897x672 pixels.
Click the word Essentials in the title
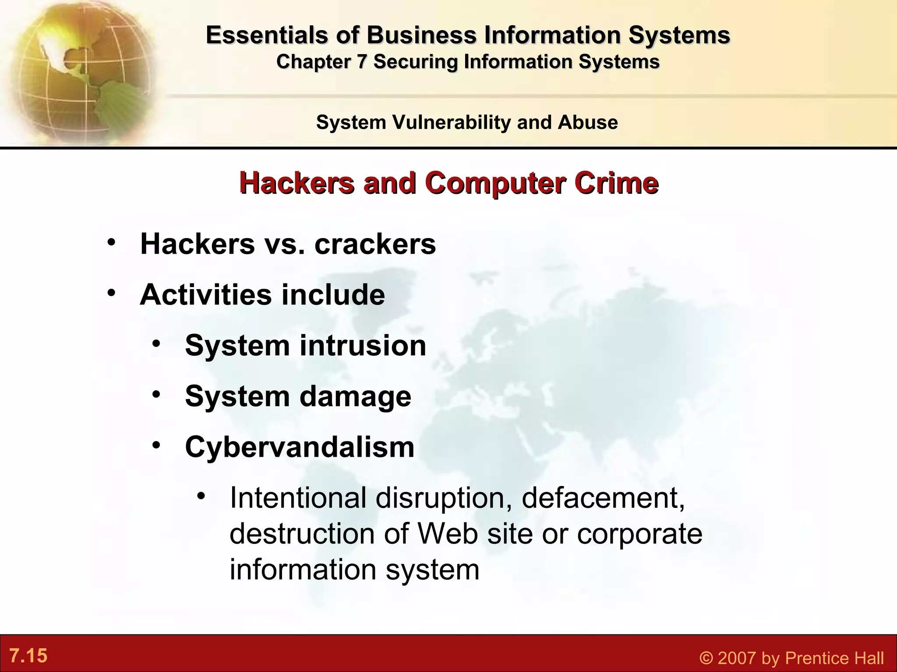(x=267, y=35)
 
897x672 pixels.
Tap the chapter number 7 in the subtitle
(x=361, y=62)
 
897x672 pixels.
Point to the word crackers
(x=375, y=244)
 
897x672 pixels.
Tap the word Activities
(x=206, y=294)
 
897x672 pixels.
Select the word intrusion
(x=363, y=345)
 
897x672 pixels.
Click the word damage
(x=355, y=396)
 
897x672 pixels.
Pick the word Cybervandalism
(x=300, y=447)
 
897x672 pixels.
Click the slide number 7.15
(x=28, y=656)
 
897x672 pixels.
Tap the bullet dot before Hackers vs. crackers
(x=112, y=241)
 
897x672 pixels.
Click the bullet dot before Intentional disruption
(x=201, y=496)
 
